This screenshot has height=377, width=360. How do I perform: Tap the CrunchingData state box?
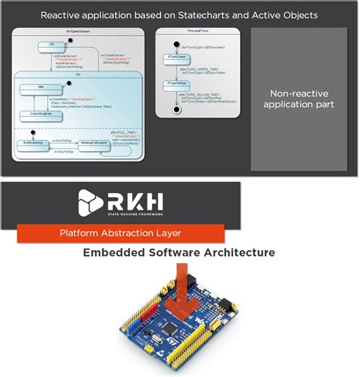point(36,116)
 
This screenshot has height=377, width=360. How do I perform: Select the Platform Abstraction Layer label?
point(122,233)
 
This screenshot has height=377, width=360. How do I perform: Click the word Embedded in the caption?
point(113,252)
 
